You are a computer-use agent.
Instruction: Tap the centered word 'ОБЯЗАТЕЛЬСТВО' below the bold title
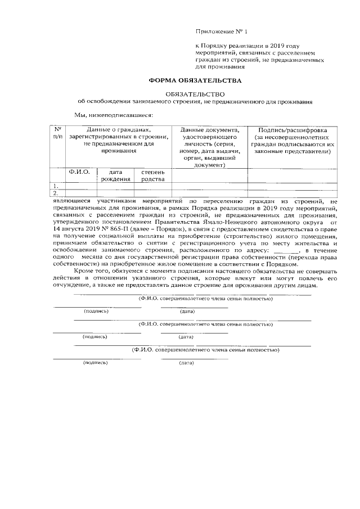pos(195,94)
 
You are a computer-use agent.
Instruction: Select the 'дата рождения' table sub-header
pos(116,175)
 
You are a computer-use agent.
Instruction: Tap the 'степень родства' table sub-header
pos(152,175)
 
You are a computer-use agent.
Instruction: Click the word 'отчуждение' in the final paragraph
pos(73,286)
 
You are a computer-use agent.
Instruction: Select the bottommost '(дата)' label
pos(186,363)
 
